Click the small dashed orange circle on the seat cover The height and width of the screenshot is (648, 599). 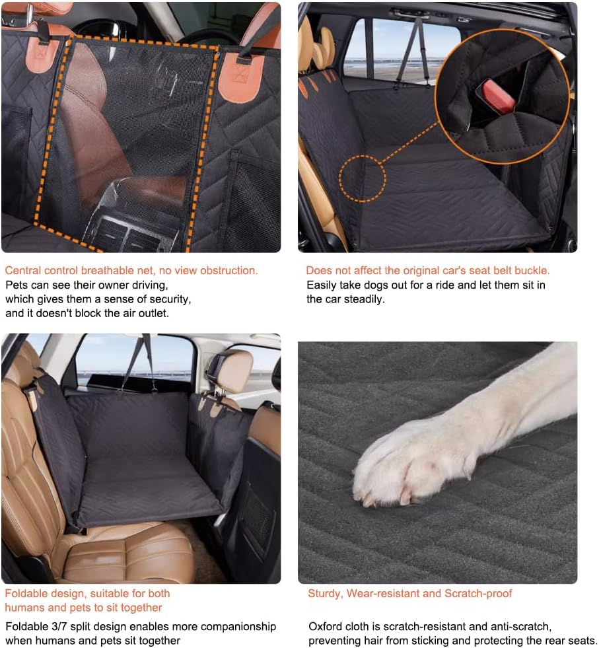click(x=363, y=178)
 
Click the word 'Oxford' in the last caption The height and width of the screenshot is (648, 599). click(x=324, y=626)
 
